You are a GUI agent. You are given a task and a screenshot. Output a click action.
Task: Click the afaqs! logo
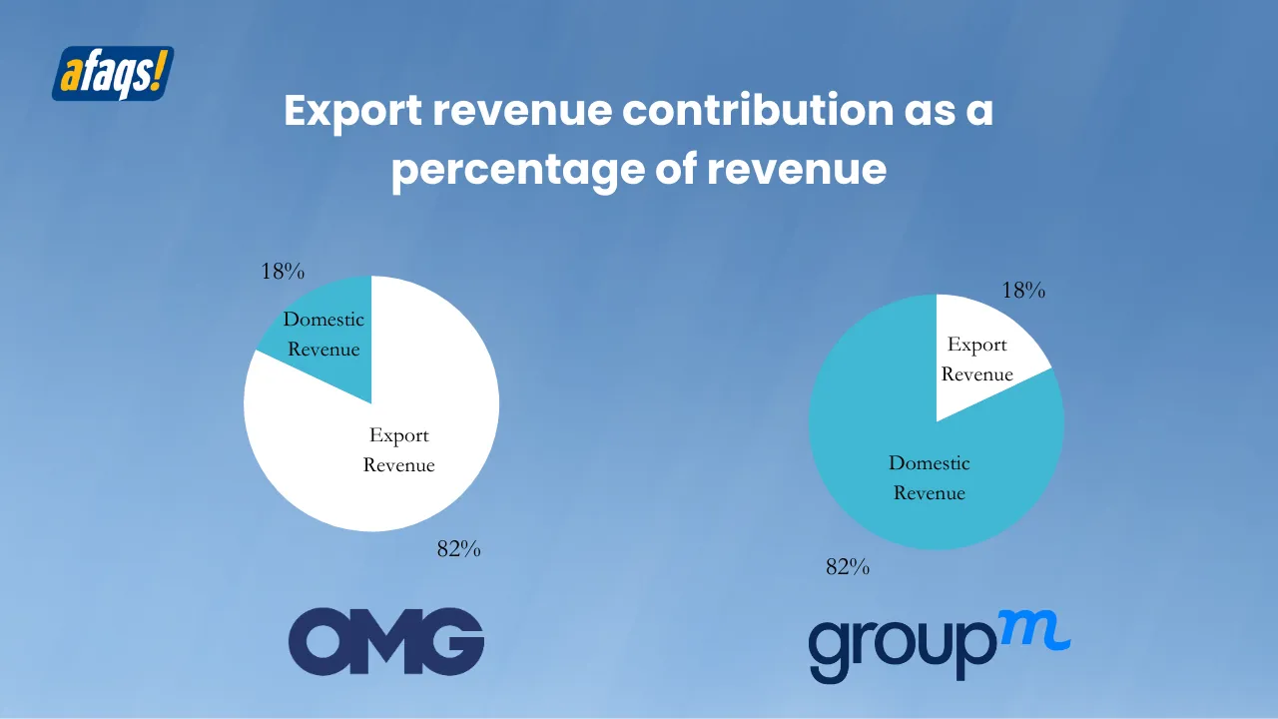point(113,73)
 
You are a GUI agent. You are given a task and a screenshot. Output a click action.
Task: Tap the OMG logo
point(386,641)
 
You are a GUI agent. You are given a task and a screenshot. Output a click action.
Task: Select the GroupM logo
point(939,644)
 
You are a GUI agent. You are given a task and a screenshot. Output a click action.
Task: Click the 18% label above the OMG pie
point(283,272)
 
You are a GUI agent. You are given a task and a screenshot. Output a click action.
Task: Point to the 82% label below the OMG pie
point(459,548)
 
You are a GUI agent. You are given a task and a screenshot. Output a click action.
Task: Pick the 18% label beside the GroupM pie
point(1023,291)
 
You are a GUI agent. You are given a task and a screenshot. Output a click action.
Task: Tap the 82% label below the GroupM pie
point(848,567)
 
